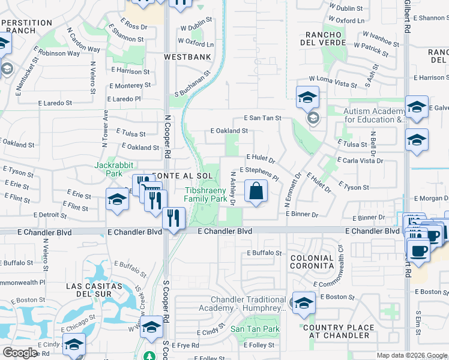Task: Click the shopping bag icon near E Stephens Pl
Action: coord(256,192)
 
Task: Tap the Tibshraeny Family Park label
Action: coord(205,194)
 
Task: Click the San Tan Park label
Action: coord(255,329)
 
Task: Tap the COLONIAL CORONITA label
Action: coord(311,261)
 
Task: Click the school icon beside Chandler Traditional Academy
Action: coord(303,304)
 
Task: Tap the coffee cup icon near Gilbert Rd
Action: coord(418,249)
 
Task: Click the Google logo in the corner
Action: coord(20,353)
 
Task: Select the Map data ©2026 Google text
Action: coord(411,355)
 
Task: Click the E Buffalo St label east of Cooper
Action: coord(264,253)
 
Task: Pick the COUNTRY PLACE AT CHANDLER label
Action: coord(336,331)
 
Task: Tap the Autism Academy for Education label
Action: coord(375,116)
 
